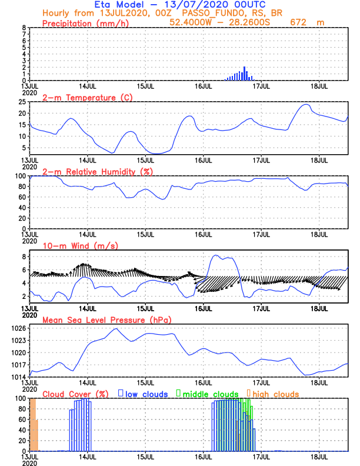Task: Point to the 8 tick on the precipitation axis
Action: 24,28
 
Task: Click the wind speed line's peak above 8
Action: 216,256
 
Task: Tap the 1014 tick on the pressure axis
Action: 18,377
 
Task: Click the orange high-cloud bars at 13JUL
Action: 34,424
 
